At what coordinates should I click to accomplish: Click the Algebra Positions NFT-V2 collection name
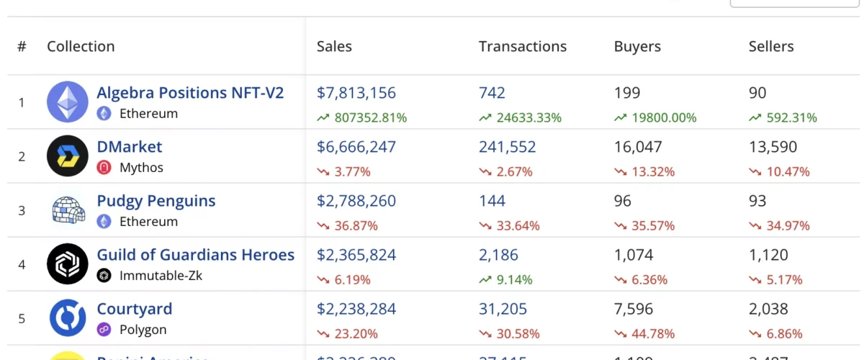click(190, 93)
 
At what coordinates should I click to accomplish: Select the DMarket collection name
click(130, 147)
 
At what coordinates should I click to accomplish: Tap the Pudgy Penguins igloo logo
click(68, 210)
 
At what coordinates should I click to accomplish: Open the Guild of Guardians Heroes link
click(195, 255)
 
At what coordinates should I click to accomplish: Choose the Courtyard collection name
click(135, 309)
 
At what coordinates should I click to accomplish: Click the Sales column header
click(334, 46)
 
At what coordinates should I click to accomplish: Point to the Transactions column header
click(522, 46)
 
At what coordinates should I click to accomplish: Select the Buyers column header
click(637, 46)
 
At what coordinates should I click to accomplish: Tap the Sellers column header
click(771, 46)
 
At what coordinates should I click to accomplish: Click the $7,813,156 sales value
click(356, 93)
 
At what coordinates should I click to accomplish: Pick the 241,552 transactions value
click(507, 147)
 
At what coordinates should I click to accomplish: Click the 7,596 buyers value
click(634, 309)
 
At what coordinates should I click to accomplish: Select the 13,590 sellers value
click(773, 147)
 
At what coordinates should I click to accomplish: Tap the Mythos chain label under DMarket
click(141, 168)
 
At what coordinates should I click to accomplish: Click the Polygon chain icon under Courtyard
click(104, 330)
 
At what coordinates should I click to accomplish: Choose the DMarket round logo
click(68, 156)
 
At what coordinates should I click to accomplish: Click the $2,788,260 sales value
click(356, 201)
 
